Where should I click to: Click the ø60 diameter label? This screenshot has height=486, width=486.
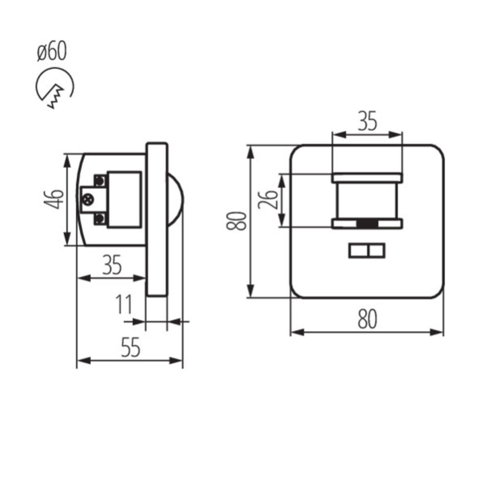52,52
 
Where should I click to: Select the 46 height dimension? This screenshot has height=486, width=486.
56,199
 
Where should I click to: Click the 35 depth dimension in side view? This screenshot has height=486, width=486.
112,265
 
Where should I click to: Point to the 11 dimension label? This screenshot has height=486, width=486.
124,305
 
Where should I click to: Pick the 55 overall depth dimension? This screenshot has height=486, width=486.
130,347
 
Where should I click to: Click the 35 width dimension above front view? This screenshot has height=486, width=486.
367,121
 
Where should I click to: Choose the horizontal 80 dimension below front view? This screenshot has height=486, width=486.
367,319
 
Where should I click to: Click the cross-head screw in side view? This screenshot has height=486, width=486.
88,199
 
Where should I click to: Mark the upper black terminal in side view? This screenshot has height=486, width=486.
100,181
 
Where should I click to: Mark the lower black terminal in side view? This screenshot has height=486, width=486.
100,219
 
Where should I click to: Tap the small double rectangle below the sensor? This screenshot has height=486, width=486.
367,251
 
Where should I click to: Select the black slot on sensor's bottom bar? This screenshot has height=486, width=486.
367,224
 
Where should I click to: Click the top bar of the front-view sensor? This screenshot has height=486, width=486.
367,177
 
